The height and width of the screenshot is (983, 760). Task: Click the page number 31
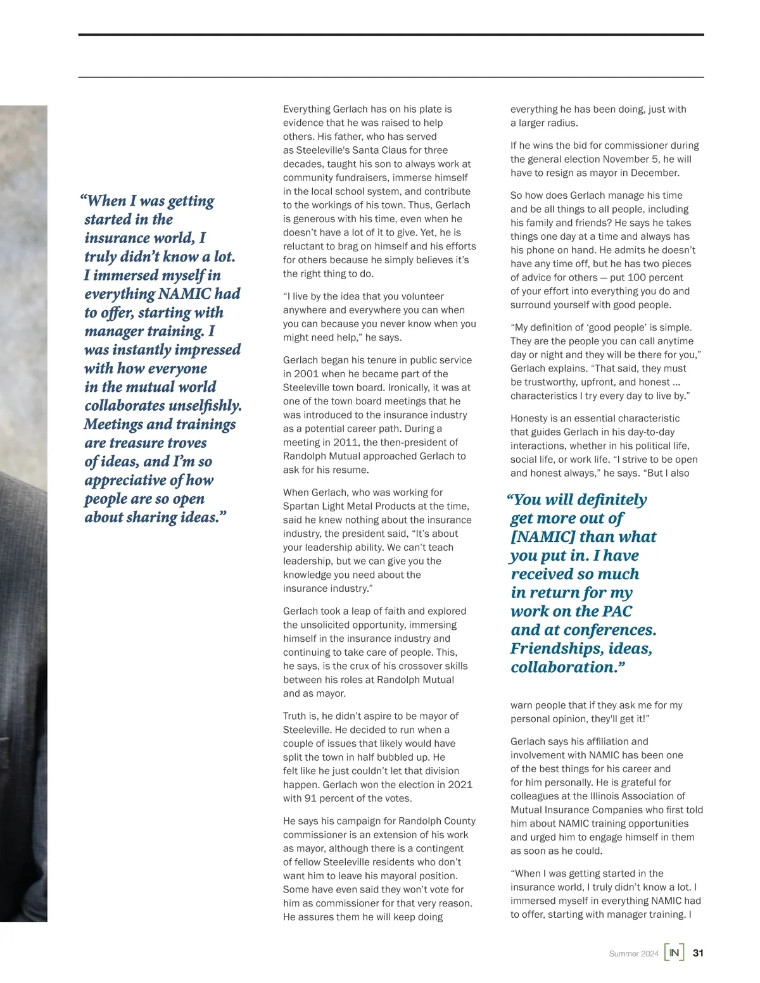point(698,953)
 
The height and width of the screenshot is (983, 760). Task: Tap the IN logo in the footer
point(674,953)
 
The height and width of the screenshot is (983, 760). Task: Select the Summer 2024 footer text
point(633,953)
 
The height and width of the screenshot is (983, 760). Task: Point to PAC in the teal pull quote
point(617,611)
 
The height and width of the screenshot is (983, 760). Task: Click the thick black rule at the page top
point(391,35)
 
